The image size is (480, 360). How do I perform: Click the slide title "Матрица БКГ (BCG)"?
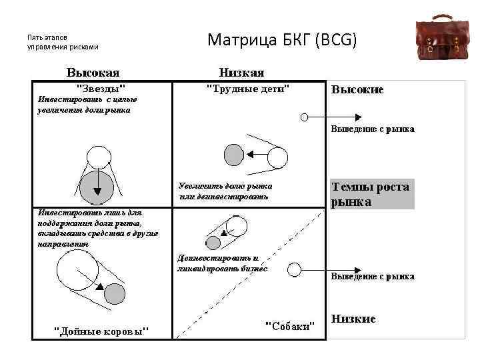coord(283,40)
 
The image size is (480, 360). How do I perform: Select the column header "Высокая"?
coord(93,72)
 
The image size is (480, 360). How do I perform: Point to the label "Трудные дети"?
coord(248,87)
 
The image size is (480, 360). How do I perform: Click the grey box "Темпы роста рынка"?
coord(370,194)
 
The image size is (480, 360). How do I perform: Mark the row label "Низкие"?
coord(353,319)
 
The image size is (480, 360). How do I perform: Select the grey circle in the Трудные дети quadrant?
coord(234,155)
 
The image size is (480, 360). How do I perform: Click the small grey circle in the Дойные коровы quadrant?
coord(115,293)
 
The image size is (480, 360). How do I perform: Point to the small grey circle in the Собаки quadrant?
coord(213,241)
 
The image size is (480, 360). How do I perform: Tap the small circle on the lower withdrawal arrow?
coord(293,269)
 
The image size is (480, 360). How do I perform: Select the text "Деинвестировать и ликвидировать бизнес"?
coord(222,263)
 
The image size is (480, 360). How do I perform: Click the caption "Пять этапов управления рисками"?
coord(63,42)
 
